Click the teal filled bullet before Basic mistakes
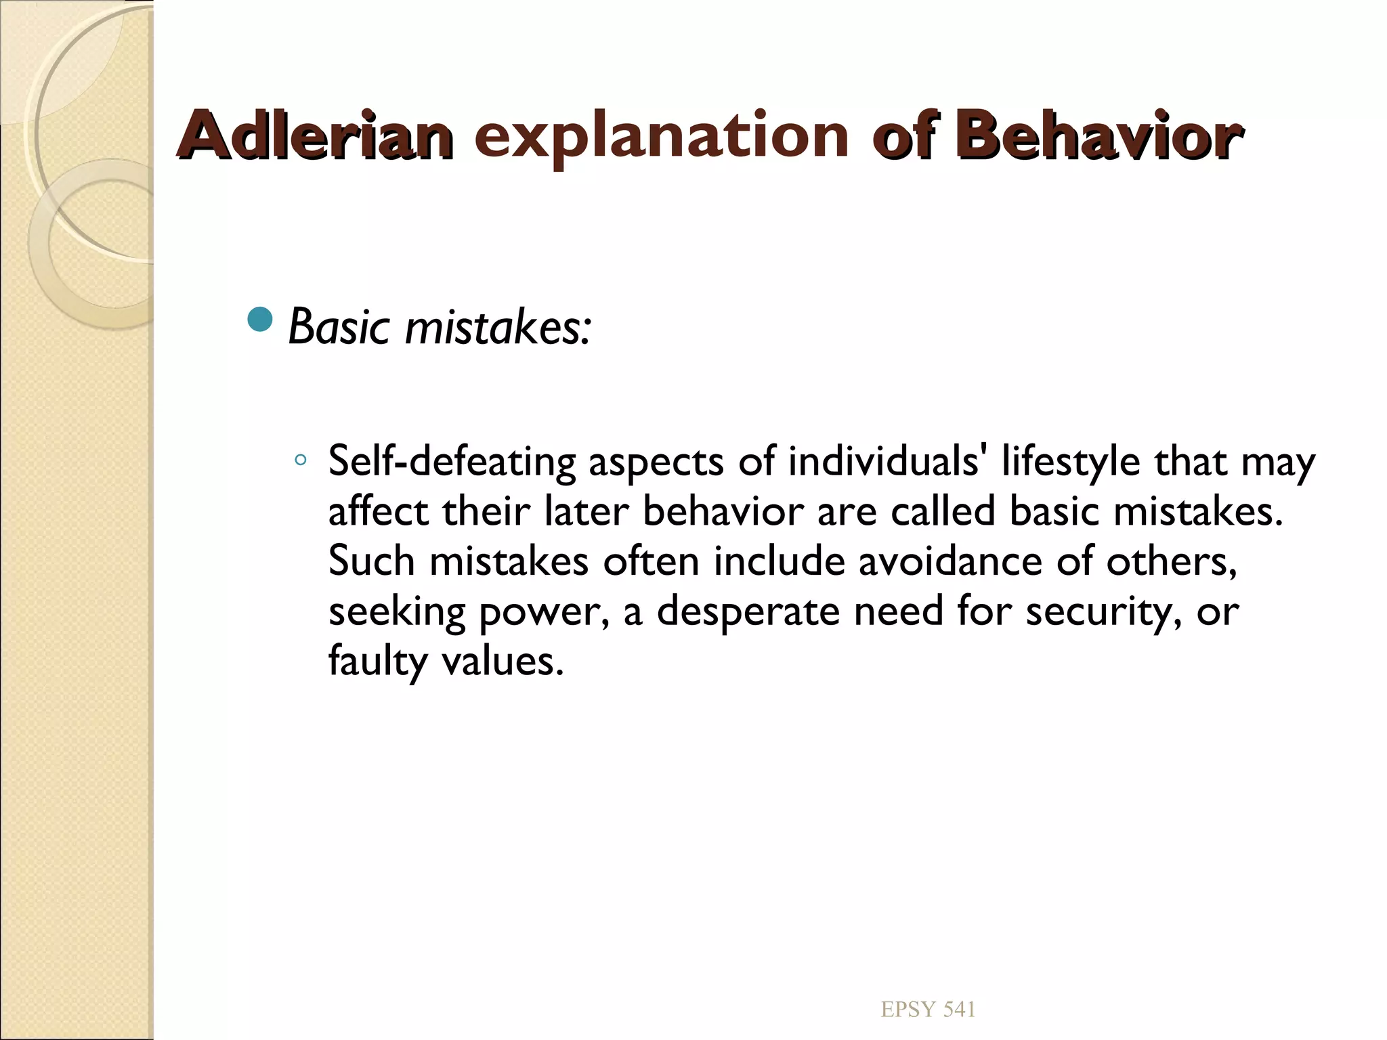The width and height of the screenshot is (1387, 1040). coord(260,320)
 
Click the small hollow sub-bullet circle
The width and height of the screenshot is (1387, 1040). coord(301,461)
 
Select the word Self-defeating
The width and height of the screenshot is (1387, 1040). coord(451,462)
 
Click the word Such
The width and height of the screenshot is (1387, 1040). coord(371,561)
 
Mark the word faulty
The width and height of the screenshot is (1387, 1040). coord(377,662)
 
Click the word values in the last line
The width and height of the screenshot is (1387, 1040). coord(502,662)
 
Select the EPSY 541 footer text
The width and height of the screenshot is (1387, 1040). coord(928,1010)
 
